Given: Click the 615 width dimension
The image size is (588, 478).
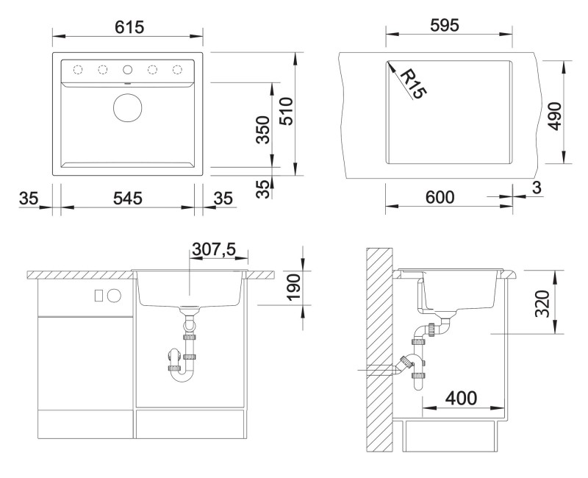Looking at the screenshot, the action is coord(129,27).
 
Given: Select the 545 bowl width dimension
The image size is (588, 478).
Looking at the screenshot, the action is coord(128,198).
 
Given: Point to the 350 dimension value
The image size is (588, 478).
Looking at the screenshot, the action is coord(263,130).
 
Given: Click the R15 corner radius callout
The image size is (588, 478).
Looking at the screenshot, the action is coord(413,85).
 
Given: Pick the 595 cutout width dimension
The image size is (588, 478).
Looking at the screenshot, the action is coord(445,26).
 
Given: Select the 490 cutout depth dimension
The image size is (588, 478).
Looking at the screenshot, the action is coord(555,116).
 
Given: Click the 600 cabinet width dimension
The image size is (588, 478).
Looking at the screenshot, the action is coord(440,197).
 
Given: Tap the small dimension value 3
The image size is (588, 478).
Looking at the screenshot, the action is coord(537,188).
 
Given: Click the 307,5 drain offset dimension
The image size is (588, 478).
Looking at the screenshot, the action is coord(214,249).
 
